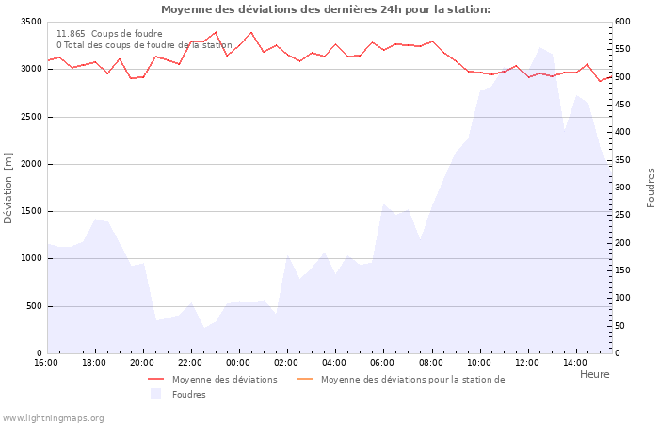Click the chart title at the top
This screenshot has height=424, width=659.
point(326,9)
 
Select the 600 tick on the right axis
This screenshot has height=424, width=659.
point(623,22)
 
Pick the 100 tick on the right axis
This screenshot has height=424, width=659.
point(623,298)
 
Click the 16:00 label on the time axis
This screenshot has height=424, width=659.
point(46,363)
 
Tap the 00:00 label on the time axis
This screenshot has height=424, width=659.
point(238,363)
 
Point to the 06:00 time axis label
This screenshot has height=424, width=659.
point(382,363)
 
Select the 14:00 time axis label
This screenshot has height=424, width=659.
point(574,363)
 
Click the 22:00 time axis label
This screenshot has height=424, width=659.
point(190,363)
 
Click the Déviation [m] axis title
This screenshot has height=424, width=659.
point(9,188)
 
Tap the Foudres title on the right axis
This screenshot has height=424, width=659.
point(651,188)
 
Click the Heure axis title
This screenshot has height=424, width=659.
point(594,374)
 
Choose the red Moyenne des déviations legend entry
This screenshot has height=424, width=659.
point(224,380)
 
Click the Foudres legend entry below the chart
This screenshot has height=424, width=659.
point(188,395)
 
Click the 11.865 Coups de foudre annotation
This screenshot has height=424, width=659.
point(109,34)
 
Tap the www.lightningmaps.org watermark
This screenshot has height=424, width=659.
point(53,418)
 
